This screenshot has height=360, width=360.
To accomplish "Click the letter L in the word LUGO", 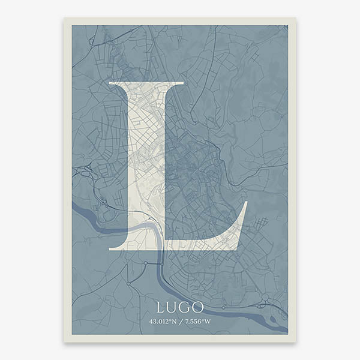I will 160,307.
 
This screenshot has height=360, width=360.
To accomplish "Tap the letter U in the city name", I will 173,307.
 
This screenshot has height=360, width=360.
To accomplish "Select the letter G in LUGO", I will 185,307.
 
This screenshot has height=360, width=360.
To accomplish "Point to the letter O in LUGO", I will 197,307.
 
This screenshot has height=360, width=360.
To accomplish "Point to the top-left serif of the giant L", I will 112,83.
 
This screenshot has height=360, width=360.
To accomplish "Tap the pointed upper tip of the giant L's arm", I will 245,203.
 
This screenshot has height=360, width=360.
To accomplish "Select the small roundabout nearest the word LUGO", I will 145,263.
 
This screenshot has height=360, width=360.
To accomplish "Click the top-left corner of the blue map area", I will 73,26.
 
